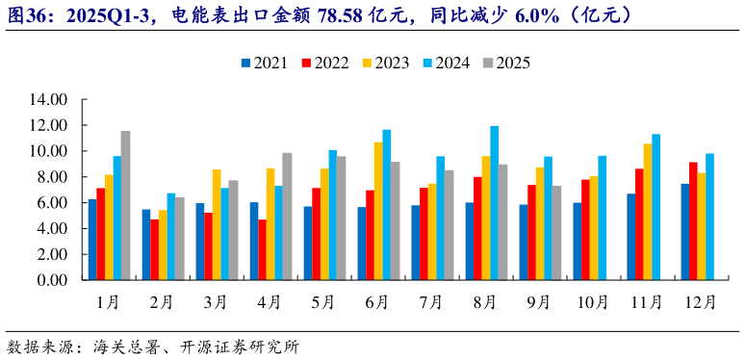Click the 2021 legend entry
265,63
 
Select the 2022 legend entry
324,63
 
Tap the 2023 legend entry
384,63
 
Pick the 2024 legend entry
446,63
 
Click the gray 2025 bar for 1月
125,206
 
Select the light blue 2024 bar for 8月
494,203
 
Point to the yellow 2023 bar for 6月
378,212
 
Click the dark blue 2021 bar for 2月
146,245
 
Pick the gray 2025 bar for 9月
556,233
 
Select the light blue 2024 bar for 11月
655,207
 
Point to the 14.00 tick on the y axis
47,99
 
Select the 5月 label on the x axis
324,302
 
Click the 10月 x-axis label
593,302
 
